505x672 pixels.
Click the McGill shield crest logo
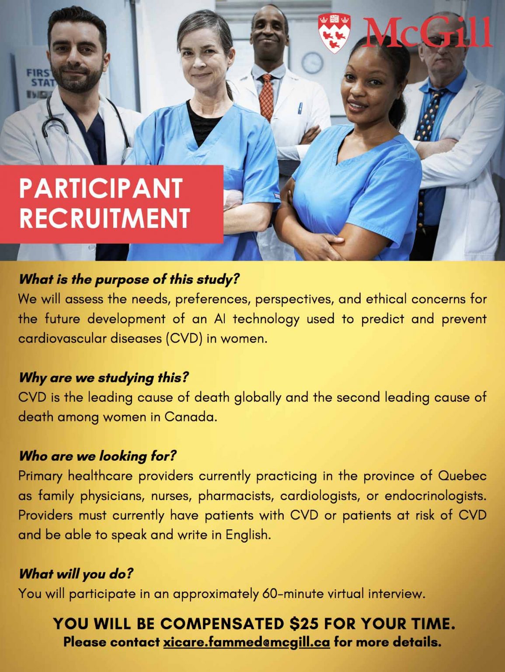[334, 33]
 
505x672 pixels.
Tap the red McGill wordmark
[428, 32]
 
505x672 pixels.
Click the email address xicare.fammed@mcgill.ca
[247, 642]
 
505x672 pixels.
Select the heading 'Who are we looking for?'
[98, 456]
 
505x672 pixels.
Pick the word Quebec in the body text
[462, 476]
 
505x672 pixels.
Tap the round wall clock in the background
[312, 63]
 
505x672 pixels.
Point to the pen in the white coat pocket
[300, 108]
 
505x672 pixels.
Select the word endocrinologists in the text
[435, 496]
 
